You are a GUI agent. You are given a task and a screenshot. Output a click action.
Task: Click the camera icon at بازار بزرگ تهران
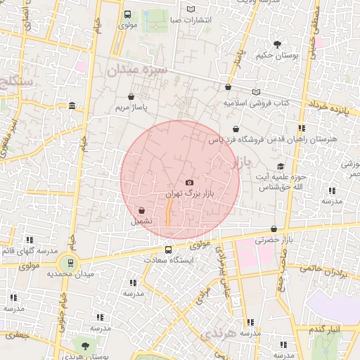(189, 183)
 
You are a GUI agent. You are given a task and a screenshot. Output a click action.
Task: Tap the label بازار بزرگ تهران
(188, 193)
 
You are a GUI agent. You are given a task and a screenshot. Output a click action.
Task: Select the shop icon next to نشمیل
(142, 210)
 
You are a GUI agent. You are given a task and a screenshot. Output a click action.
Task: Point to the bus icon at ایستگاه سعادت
(168, 250)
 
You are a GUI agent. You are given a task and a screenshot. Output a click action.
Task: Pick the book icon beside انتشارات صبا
(191, 9)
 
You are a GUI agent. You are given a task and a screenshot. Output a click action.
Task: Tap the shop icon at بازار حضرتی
(274, 229)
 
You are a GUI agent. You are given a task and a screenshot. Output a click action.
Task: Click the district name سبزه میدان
(134, 70)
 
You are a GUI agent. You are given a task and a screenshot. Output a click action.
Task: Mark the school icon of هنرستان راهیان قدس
(302, 129)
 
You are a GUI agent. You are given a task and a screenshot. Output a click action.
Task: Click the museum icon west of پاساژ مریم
(72, 106)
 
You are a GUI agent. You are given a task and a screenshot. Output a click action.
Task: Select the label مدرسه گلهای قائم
(30, 251)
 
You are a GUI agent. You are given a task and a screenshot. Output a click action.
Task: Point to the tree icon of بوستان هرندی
(85, 346)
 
